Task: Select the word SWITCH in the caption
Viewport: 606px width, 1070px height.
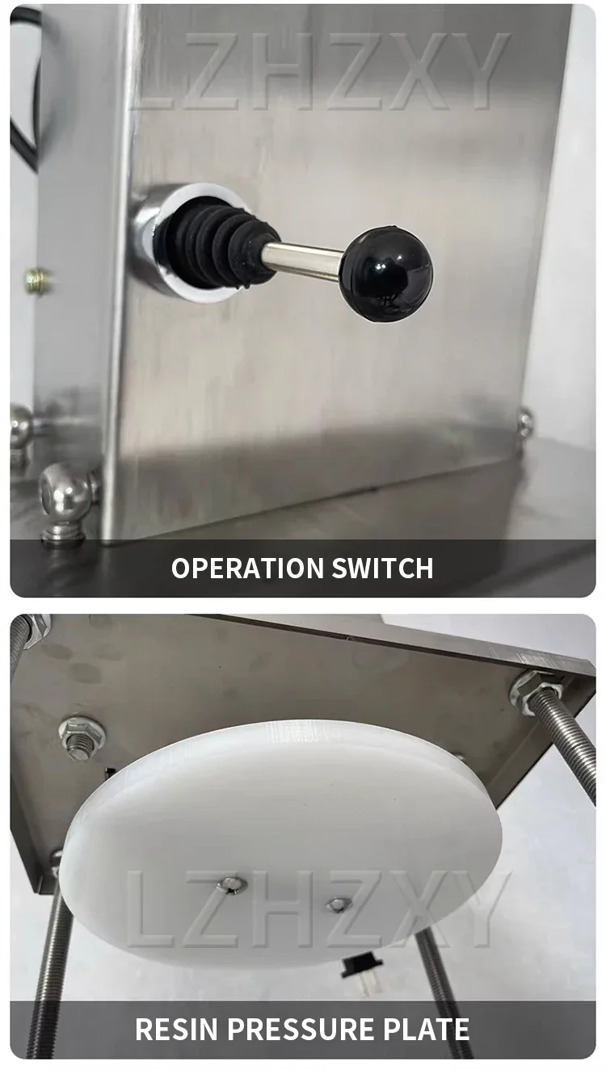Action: point(382,568)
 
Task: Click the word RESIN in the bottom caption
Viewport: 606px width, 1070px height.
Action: point(176,1029)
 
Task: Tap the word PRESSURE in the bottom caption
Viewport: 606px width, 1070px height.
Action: point(301,1029)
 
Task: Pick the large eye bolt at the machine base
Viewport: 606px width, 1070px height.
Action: point(67,501)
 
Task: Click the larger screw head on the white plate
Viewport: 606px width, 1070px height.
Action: point(229,883)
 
